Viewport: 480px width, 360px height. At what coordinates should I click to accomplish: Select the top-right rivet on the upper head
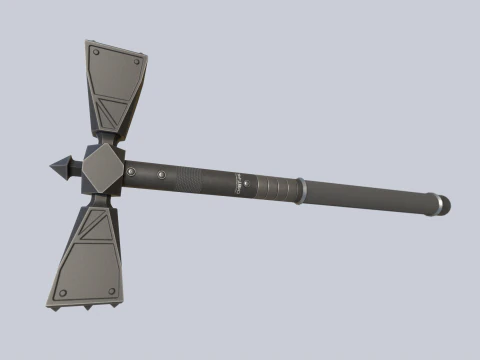(137, 61)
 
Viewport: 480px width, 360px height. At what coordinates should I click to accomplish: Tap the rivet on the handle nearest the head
(133, 175)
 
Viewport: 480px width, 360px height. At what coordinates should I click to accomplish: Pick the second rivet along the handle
(162, 177)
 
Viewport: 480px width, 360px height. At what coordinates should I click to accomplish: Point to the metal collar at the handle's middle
(297, 188)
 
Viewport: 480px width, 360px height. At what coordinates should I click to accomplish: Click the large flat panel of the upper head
(114, 74)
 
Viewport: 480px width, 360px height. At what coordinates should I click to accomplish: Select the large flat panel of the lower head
(90, 265)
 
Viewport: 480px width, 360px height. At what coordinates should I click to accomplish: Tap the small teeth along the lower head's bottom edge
(87, 306)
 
